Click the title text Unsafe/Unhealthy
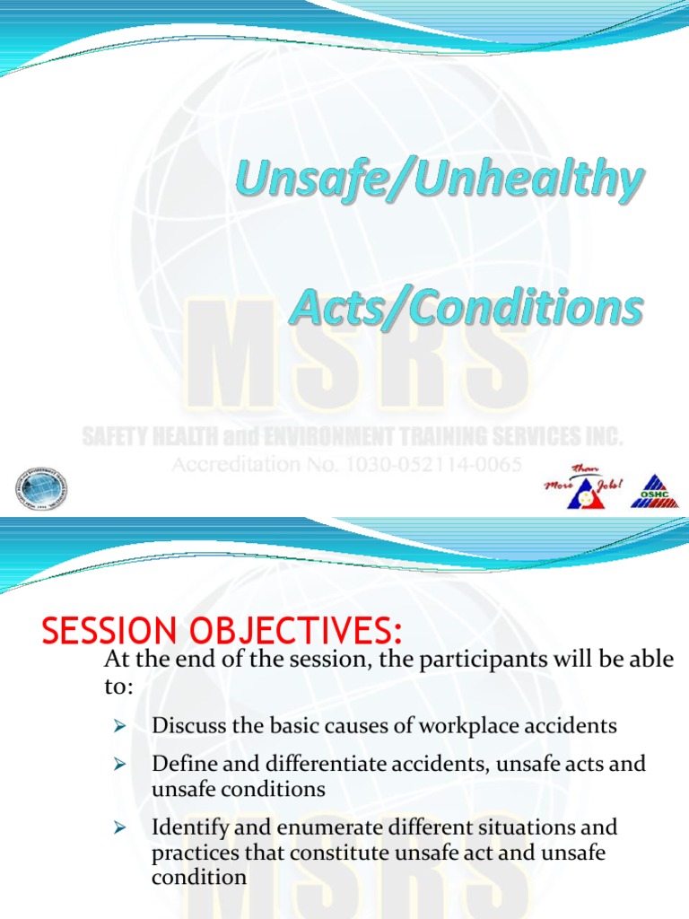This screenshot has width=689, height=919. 440,181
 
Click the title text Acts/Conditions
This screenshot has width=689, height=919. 466,308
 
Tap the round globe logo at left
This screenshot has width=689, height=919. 40,489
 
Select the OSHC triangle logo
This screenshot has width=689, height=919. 654,491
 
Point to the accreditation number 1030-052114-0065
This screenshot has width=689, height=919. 432,465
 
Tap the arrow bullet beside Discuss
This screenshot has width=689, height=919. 117,724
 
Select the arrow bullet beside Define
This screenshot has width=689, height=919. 117,764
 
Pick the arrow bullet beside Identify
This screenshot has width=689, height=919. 117,827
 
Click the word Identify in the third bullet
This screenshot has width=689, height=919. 188,827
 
